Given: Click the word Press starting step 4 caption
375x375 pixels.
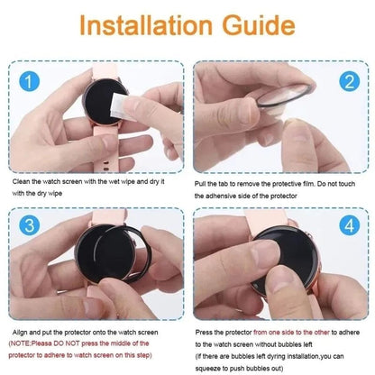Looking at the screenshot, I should [x=205, y=332].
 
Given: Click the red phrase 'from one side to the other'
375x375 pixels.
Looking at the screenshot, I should [x=293, y=332].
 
